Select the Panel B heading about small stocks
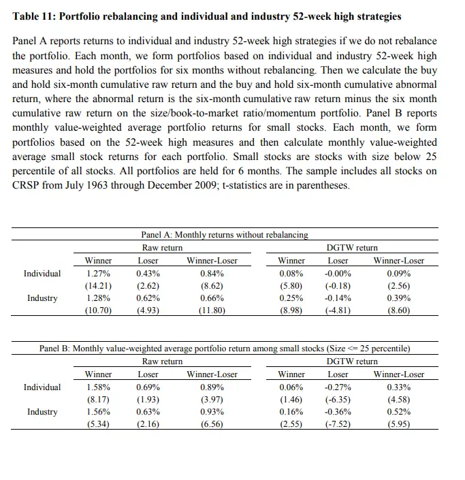(x=224, y=349)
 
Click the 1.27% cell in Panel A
(x=98, y=274)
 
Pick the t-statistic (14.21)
(x=98, y=286)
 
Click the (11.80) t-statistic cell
(x=211, y=311)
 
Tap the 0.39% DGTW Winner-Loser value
(x=398, y=298)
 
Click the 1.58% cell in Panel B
(x=98, y=387)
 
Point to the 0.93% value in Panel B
(x=211, y=412)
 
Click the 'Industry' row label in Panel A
(x=42, y=298)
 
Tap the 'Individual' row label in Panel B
(x=42, y=387)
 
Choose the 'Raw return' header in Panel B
(x=162, y=362)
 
